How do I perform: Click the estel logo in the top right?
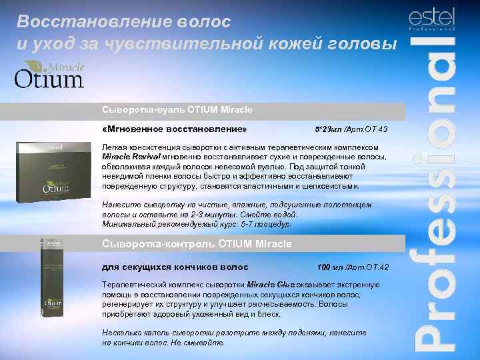click(x=431, y=19)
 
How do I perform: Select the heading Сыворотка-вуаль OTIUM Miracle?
click(x=177, y=109)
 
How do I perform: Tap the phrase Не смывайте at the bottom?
click(x=201, y=342)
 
